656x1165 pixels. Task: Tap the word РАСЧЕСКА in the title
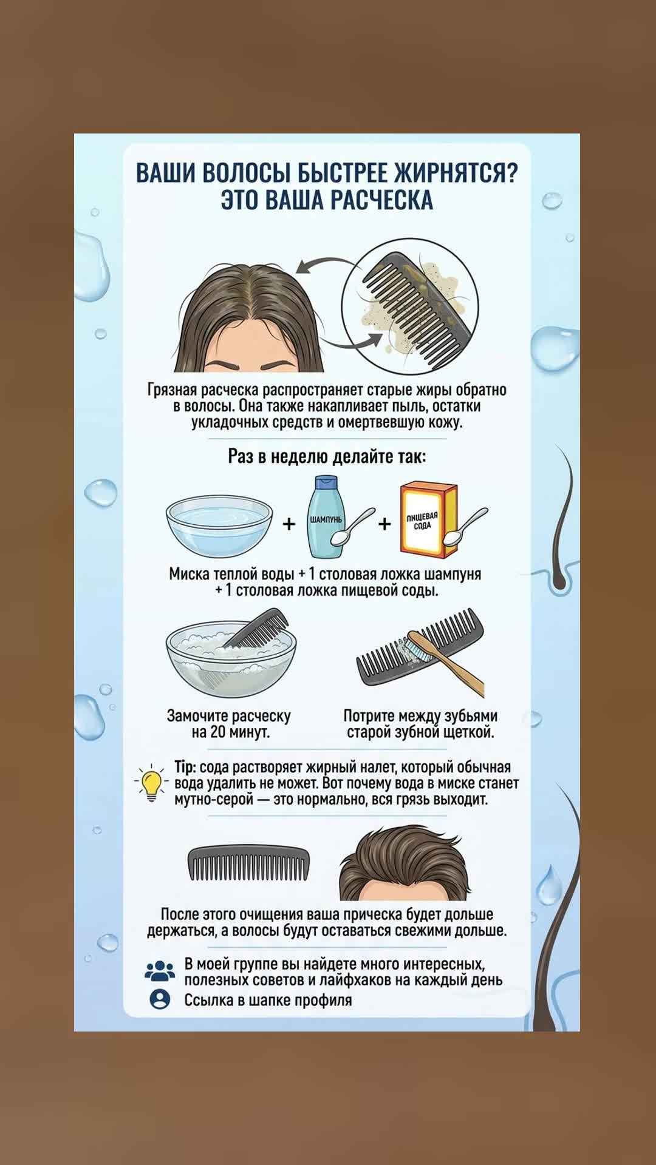pos(381,200)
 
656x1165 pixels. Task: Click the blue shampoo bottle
pos(326,517)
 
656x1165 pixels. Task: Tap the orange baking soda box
pos(428,520)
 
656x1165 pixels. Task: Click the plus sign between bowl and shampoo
pos(289,523)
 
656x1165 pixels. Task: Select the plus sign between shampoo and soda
pos(384,523)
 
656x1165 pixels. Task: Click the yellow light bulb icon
pos(151,783)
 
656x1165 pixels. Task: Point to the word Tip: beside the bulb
pos(185,768)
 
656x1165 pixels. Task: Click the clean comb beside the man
pos(248,863)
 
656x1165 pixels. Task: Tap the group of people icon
pos(160,971)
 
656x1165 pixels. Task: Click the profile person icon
pos(160,999)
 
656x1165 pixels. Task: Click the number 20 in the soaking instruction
pos(217,732)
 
